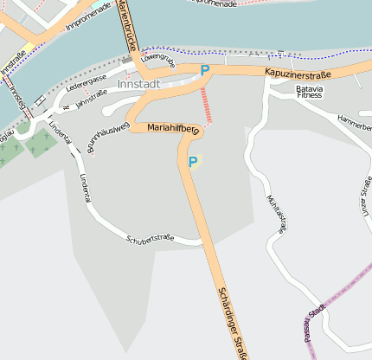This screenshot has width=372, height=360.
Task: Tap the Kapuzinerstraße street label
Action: pyautogui.click(x=298, y=74)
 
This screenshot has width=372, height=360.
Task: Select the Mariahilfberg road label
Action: pyautogui.click(x=174, y=128)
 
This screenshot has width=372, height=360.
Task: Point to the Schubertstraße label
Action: pyautogui.click(x=150, y=239)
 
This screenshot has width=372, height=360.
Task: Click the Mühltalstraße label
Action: pyautogui.click(x=276, y=214)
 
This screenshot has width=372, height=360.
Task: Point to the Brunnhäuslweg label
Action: pyautogui.click(x=108, y=137)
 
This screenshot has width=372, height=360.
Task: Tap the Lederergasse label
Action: pyautogui.click(x=86, y=83)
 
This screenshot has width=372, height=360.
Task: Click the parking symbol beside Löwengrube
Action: pyautogui.click(x=205, y=70)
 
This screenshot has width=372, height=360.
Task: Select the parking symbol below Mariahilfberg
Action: pyautogui.click(x=192, y=162)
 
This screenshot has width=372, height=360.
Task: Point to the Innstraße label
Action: pyautogui.click(x=13, y=61)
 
